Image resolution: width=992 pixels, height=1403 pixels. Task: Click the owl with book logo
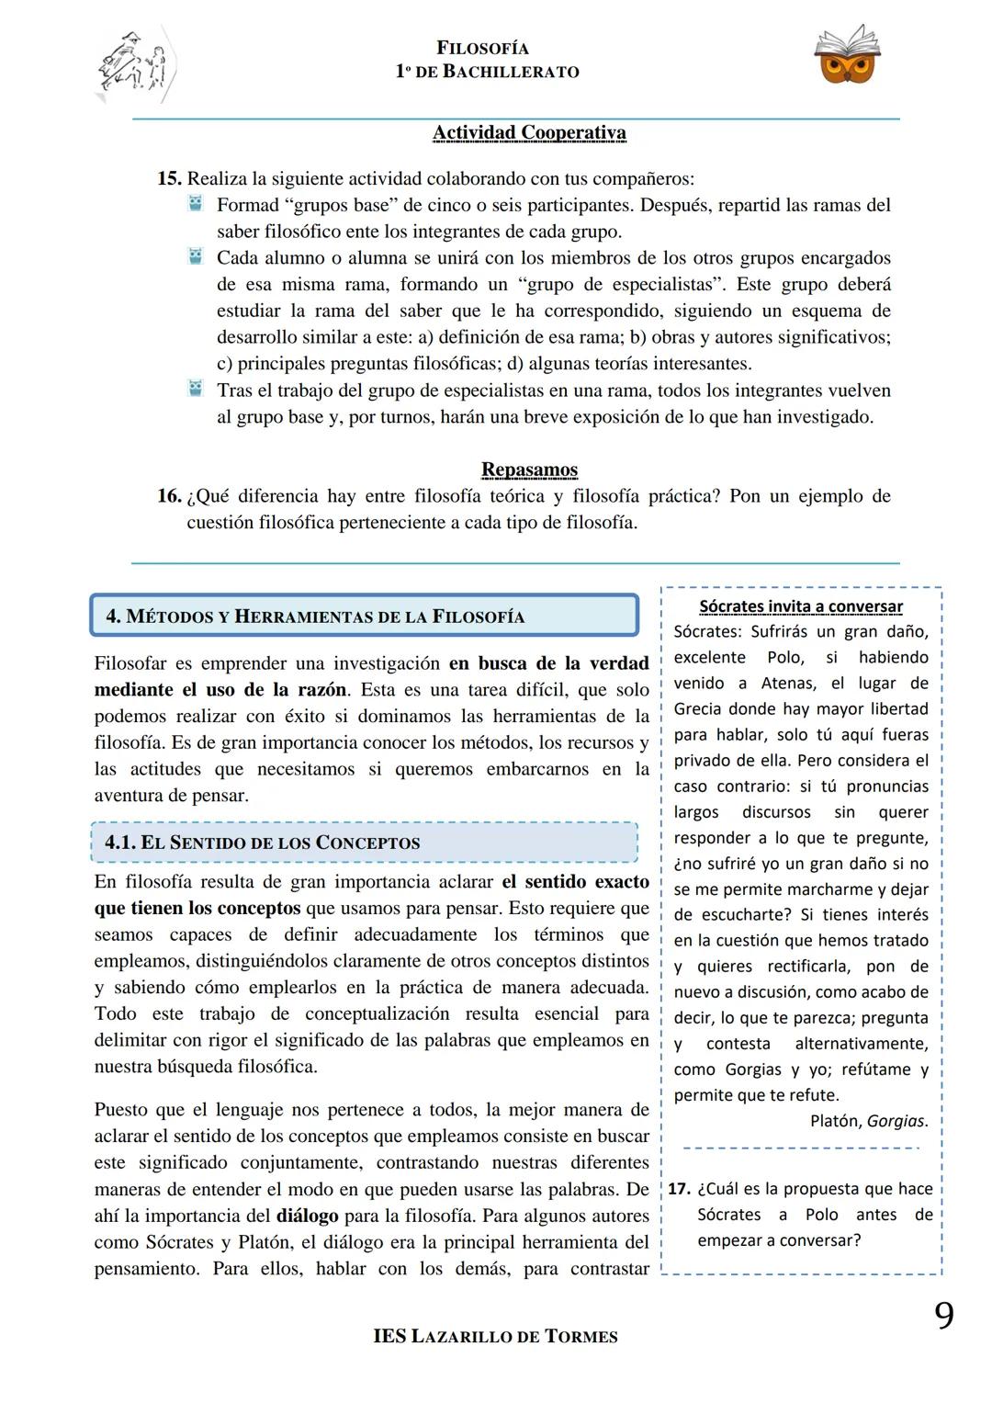846,55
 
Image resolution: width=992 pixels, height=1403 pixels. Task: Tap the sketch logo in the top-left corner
135,66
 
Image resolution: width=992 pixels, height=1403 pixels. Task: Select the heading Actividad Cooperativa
529,133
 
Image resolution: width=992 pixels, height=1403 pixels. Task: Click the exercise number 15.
169,178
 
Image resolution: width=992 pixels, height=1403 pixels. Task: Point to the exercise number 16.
169,496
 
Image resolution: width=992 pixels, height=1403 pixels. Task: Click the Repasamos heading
529,470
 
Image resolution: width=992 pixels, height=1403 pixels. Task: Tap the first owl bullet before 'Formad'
196,204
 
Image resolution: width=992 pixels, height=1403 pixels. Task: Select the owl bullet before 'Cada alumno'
196,257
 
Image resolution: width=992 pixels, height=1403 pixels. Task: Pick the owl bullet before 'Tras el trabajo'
196,390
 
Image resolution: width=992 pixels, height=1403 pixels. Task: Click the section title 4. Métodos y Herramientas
315,617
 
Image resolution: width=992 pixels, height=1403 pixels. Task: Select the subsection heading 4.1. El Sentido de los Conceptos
263,843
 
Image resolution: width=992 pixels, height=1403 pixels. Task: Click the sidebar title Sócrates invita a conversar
800,606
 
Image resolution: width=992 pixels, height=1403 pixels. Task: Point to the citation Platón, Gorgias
868,1121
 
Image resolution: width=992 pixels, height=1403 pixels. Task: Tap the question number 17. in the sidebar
679,1189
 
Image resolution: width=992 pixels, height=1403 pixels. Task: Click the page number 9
943,1317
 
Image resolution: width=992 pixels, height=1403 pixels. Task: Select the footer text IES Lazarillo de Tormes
495,1337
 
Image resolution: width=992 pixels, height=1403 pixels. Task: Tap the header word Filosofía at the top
482,49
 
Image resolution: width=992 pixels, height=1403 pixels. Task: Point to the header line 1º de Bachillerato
487,72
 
